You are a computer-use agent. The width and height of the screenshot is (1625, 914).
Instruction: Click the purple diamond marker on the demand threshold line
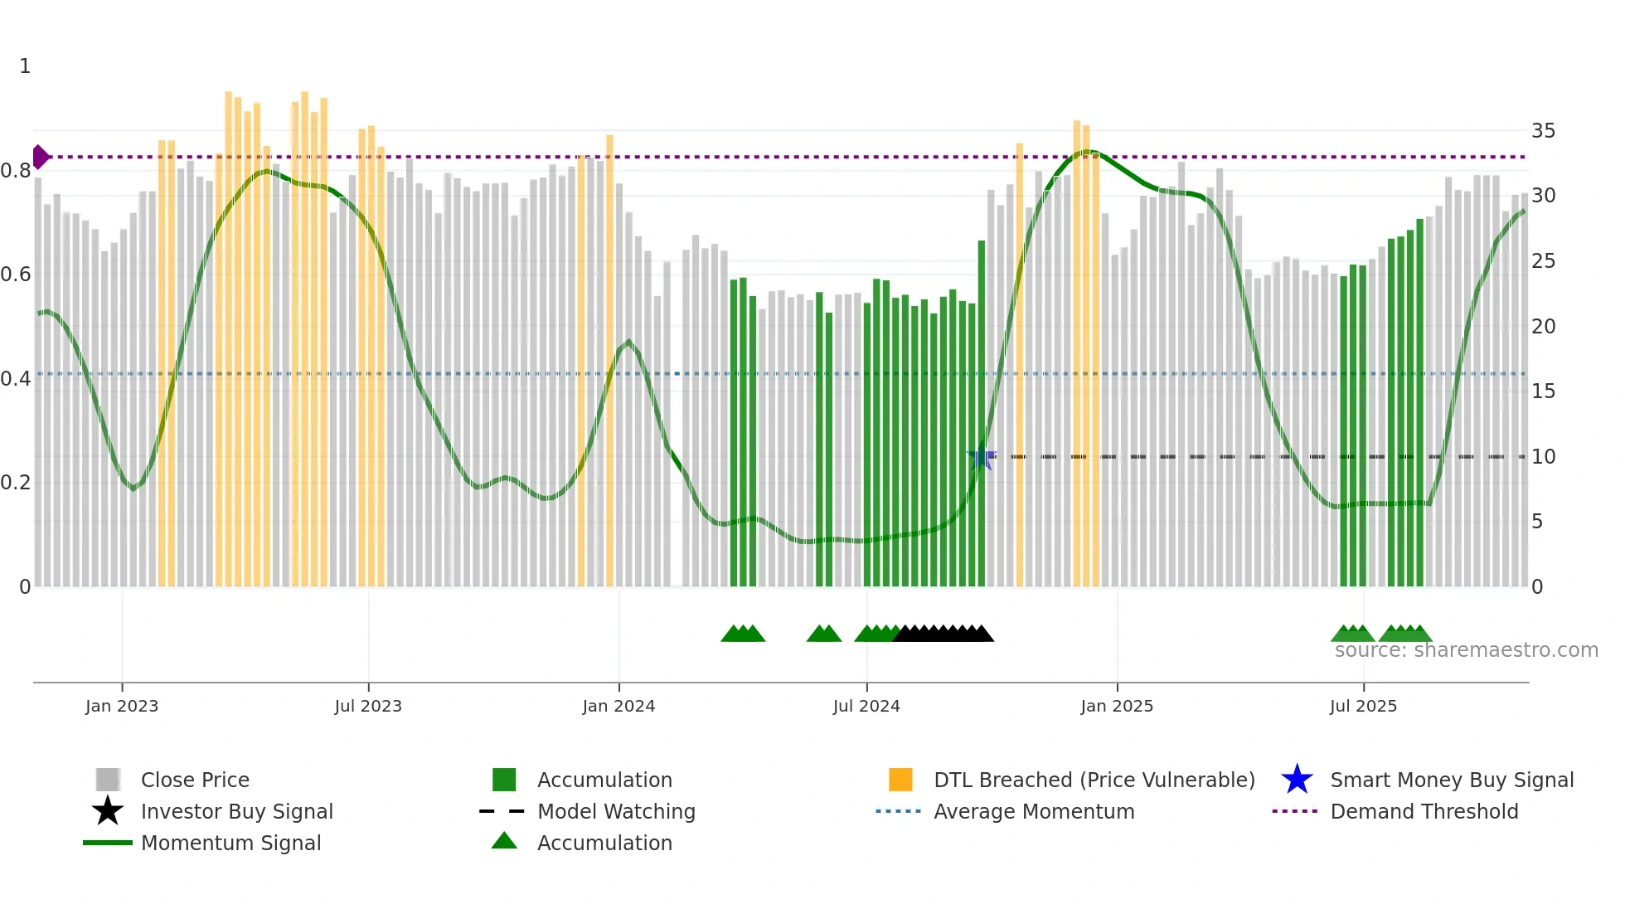tap(41, 157)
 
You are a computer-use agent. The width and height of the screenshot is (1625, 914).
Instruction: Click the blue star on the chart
tap(982, 457)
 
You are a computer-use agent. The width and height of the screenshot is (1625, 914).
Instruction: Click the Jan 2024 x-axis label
tap(618, 706)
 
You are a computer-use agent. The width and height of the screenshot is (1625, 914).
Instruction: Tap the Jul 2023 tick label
tap(368, 706)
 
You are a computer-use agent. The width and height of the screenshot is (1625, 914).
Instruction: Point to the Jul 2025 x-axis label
tap(1363, 706)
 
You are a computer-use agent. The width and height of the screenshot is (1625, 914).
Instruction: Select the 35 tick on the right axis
tap(1543, 131)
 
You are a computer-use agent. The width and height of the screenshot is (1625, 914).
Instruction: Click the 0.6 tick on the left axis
tap(16, 275)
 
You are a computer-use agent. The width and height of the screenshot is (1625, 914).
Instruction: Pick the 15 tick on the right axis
tap(1543, 391)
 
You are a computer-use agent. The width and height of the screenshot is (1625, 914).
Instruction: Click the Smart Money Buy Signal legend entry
tap(1451, 780)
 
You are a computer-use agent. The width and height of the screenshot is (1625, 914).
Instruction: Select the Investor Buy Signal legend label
tap(236, 811)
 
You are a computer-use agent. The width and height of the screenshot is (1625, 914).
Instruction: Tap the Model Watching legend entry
tap(616, 811)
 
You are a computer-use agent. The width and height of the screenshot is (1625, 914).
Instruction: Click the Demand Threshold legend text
tap(1424, 811)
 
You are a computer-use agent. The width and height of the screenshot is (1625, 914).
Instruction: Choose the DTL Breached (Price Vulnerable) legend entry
tap(1094, 780)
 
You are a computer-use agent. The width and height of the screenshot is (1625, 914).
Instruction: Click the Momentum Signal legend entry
tap(230, 843)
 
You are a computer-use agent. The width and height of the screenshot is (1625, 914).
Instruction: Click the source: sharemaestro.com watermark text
tap(1466, 650)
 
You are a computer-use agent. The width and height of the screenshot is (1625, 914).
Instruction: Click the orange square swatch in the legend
tap(900, 780)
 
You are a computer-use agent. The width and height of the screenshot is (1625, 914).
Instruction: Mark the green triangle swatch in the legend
tap(504, 842)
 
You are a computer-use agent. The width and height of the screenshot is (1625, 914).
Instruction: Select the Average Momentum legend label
tap(1033, 811)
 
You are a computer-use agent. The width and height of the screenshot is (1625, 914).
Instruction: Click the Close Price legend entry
tap(195, 780)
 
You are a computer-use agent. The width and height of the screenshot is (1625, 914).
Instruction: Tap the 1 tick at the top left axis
tap(25, 66)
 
